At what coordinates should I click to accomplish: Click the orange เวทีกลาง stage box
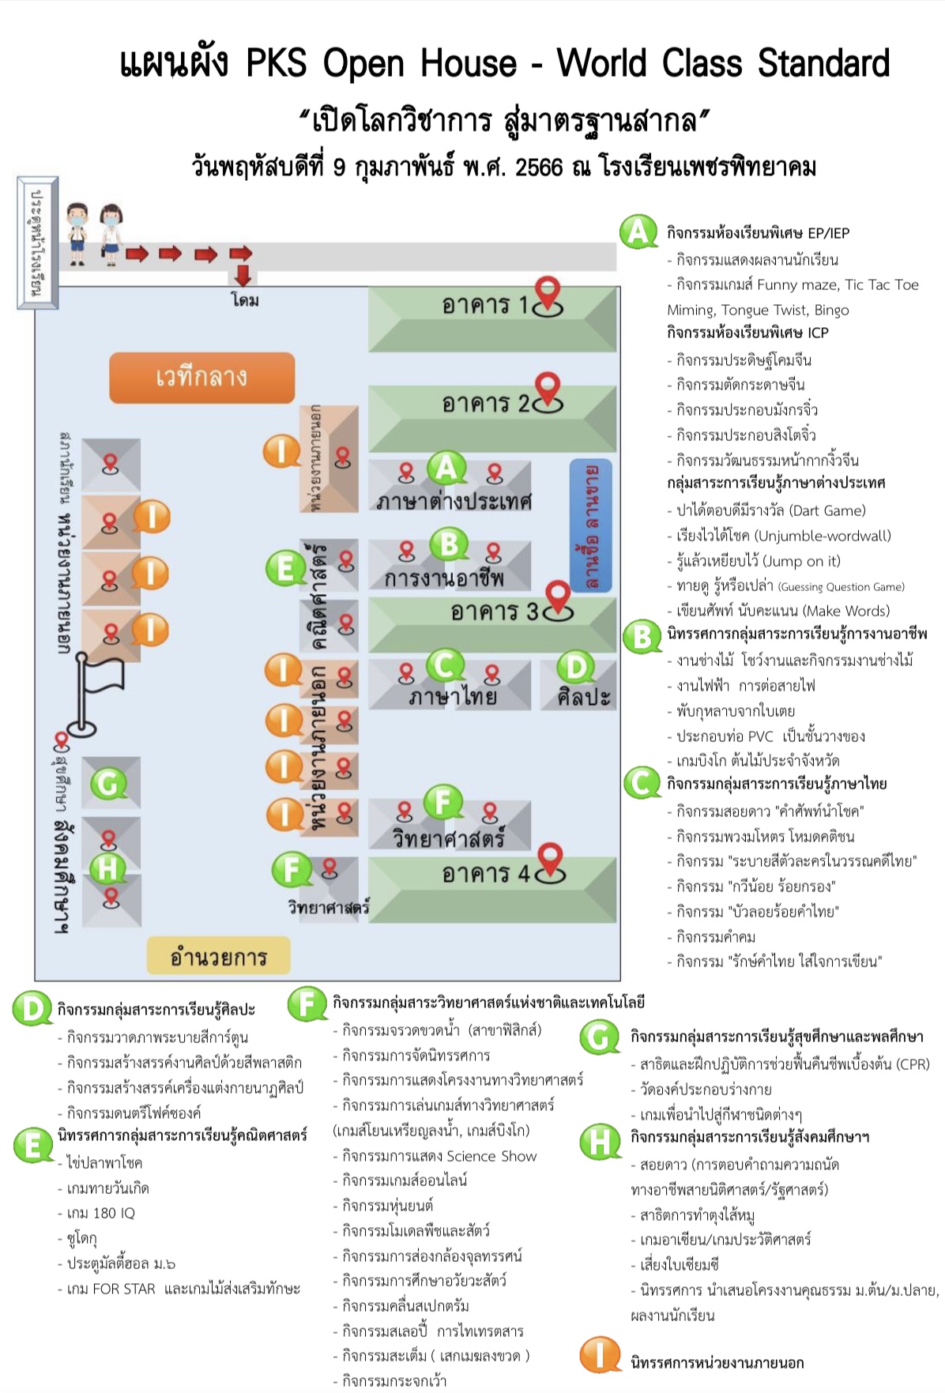pyautogui.click(x=201, y=377)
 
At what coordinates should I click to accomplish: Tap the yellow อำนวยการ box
pyautogui.click(x=218, y=957)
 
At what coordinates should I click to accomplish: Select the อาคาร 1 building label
pyautogui.click(x=484, y=305)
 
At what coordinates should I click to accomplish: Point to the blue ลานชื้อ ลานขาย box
pyautogui.click(x=591, y=525)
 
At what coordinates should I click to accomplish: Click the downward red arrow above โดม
pyautogui.click(x=243, y=275)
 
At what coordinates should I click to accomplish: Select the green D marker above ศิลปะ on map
pyautogui.click(x=576, y=668)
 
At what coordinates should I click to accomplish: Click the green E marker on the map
pyautogui.click(x=284, y=567)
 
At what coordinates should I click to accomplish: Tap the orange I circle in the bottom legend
pyautogui.click(x=600, y=1354)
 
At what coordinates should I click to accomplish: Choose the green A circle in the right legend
pyautogui.click(x=638, y=232)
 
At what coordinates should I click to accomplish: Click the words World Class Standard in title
pyautogui.click(x=723, y=63)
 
